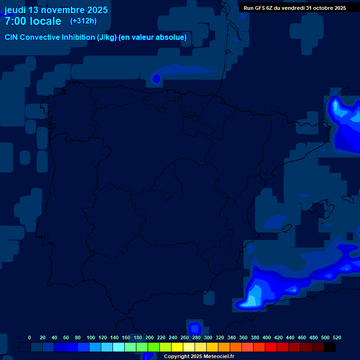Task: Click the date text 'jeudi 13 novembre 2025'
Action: [x=56, y=10]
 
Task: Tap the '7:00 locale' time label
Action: [x=33, y=21]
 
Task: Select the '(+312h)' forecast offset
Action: [x=83, y=21]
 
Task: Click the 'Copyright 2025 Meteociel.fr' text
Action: [x=199, y=357]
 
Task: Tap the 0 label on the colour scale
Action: [x=30, y=337]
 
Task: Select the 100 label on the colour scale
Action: [x=91, y=337]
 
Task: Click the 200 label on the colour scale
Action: [x=150, y=337]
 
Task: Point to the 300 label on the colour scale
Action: [x=208, y=337]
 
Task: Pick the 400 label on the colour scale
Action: [x=267, y=337]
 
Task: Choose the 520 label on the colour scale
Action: [x=337, y=337]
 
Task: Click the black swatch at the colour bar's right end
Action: [x=330, y=347]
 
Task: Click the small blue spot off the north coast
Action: [x=156, y=78]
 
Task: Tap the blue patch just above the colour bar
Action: [x=194, y=327]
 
